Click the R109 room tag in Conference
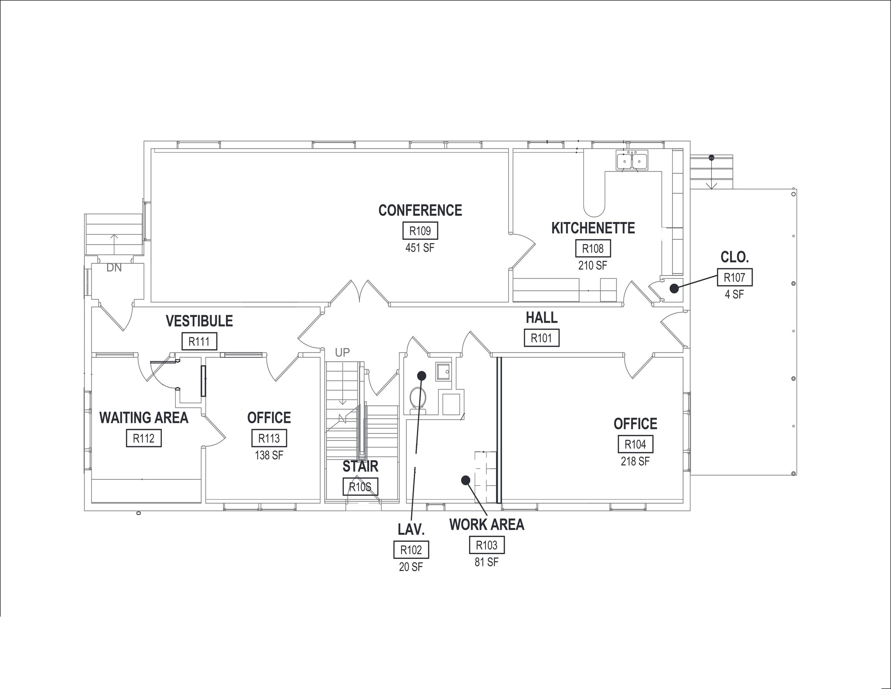pos(420,231)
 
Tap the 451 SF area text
pos(420,248)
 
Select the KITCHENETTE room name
pos(593,228)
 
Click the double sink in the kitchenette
pos(632,161)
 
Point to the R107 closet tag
pos(734,277)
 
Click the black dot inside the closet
pos(674,288)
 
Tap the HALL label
pos(542,318)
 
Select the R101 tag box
pos(542,338)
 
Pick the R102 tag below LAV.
pos(411,550)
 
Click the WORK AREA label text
pos(486,525)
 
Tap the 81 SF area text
pos(486,562)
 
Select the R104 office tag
pos(635,444)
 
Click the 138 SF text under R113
pos(269,455)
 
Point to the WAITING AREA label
pos(144,418)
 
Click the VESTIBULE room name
pos(199,321)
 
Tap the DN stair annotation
pos(114,268)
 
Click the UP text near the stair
pos(342,353)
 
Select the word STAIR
pos(360,467)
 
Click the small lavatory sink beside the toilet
pos(443,371)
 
